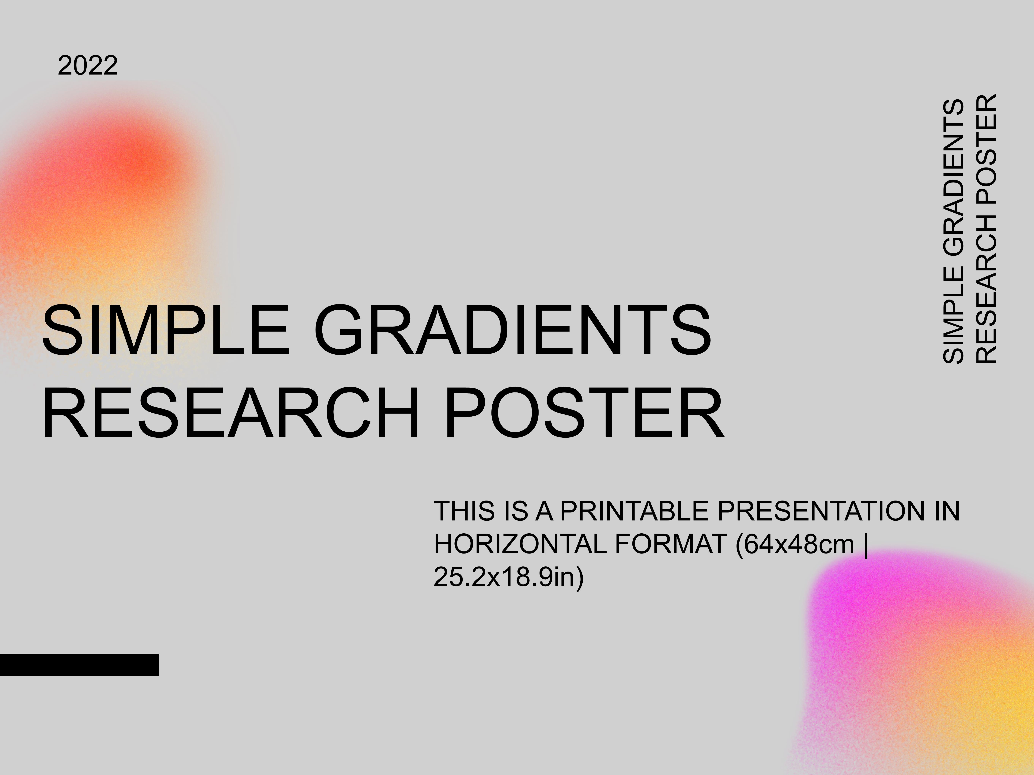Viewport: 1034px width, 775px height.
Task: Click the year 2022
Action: (x=87, y=66)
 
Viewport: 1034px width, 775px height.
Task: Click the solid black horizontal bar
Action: (x=79, y=664)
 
